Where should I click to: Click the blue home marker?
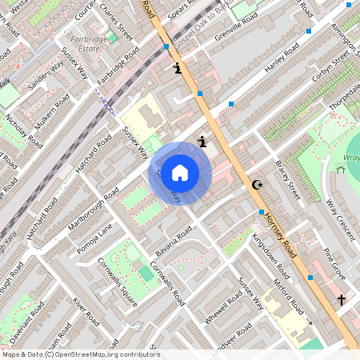tap(180, 173)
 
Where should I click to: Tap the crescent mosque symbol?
tap(257, 186)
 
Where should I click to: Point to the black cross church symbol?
tap(342, 299)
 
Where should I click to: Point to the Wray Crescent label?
tap(339, 216)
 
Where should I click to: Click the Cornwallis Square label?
tap(118, 276)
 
